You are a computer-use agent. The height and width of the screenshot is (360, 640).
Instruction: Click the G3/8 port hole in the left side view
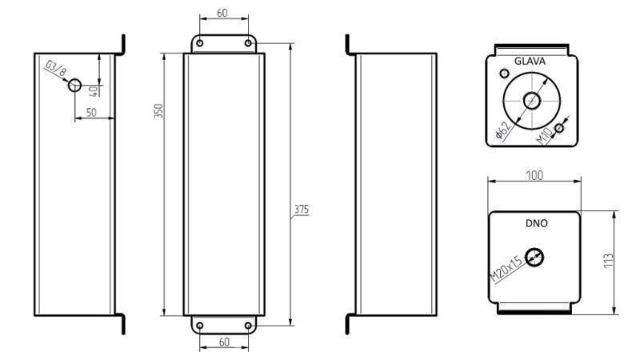click(75, 85)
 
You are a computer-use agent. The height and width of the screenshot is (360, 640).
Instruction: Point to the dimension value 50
click(91, 114)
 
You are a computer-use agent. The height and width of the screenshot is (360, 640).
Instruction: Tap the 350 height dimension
click(158, 111)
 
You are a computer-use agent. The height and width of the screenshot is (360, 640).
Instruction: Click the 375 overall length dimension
click(301, 210)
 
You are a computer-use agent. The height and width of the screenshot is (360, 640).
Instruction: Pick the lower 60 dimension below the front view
click(224, 342)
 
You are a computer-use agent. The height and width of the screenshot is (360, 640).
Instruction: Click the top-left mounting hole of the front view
click(201, 42)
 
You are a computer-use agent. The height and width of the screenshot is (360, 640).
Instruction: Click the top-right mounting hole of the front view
click(248, 42)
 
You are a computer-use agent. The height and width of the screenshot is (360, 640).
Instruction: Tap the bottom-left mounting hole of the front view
click(201, 325)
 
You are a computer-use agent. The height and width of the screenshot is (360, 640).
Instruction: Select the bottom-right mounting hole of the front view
click(248, 325)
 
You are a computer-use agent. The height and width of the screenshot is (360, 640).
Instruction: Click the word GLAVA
click(530, 60)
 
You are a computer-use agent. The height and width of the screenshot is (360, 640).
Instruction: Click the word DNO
click(536, 224)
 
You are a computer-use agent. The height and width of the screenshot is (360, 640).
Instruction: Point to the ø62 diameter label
click(502, 130)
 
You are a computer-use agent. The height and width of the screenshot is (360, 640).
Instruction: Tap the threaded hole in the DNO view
click(535, 257)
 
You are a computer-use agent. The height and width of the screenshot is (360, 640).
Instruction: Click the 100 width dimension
click(535, 174)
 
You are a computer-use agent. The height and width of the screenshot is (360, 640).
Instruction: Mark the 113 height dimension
click(609, 262)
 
